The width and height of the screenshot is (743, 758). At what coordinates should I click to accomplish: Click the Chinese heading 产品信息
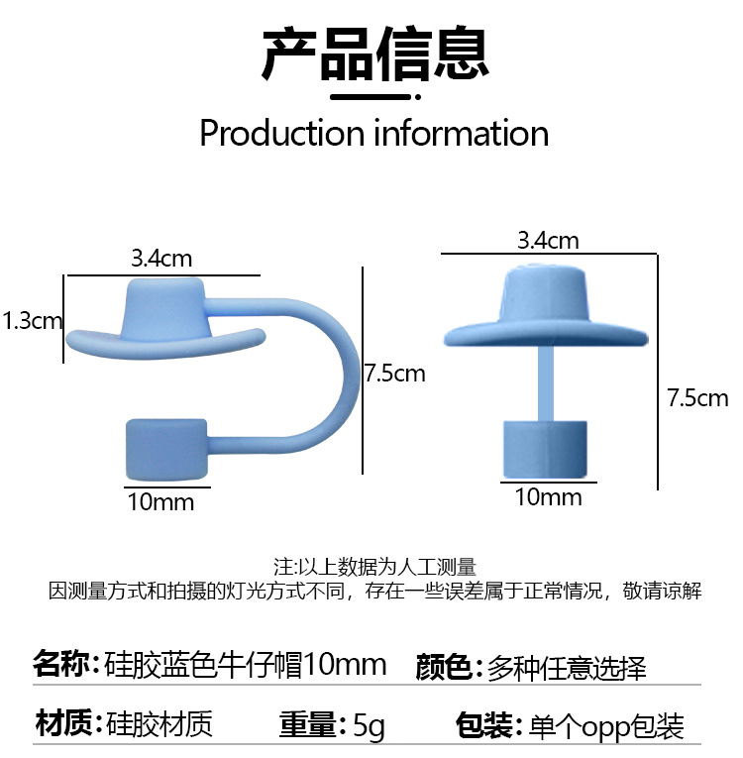(x=373, y=54)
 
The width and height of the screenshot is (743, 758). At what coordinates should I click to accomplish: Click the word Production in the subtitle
(x=282, y=133)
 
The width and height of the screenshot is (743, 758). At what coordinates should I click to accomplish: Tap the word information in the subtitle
(x=462, y=133)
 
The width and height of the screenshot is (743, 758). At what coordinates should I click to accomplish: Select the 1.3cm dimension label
(x=32, y=321)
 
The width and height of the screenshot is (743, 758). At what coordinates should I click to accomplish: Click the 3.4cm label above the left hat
(x=161, y=260)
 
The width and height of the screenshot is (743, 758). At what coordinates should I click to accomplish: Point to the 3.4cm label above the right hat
(x=548, y=241)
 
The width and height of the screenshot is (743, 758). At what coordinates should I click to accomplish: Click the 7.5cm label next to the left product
(x=394, y=374)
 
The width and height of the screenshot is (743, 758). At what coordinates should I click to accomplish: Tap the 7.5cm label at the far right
(x=698, y=398)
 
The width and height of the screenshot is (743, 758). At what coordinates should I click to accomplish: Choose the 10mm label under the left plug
(x=160, y=501)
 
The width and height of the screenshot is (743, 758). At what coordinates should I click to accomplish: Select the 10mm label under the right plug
(x=548, y=495)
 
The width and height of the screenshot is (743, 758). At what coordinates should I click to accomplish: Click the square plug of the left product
(x=165, y=450)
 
